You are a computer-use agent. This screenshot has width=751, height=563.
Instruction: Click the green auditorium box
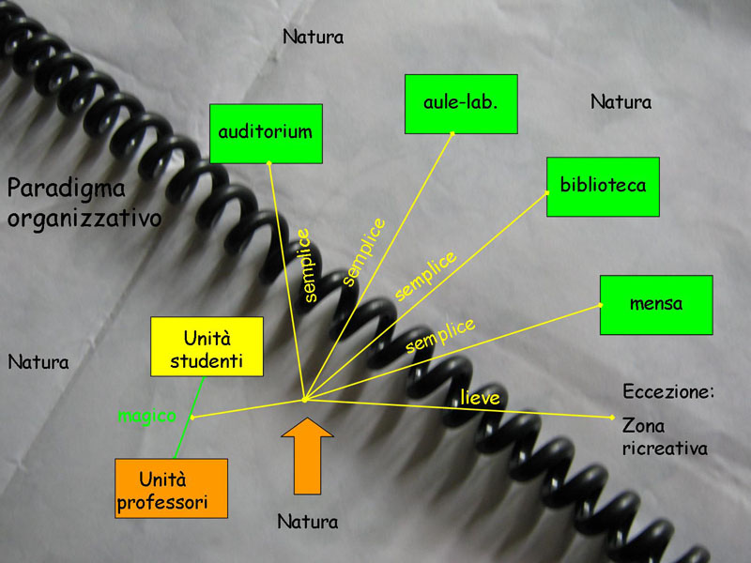pos(266,133)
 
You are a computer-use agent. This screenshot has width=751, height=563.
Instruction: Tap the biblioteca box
pos(603,186)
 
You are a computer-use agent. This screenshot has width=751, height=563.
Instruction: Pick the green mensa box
pos(656,304)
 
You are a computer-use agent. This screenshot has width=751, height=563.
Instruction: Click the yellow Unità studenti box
pos(207,346)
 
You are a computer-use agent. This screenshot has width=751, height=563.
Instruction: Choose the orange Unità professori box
pos(171,488)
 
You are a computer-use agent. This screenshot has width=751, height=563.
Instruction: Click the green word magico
pos(146,416)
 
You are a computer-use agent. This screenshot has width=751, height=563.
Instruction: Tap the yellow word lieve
pos(480,398)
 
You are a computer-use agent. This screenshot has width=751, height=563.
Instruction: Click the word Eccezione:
pos(668,391)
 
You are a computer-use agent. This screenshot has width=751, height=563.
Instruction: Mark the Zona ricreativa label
pos(664,437)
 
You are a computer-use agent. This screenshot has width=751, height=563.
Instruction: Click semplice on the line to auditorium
pos(311,266)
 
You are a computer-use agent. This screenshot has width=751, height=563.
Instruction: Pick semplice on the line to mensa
pos(440,336)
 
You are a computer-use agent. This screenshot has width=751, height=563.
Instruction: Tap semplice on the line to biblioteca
pos(425,275)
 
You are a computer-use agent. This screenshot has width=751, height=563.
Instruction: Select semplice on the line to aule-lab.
pos(363,251)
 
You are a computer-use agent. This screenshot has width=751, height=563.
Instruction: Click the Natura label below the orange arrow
pos(307,521)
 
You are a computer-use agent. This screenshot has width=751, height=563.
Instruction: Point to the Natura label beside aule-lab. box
pos(621,101)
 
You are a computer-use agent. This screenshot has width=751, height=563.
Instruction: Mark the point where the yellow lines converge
pos(304,401)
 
